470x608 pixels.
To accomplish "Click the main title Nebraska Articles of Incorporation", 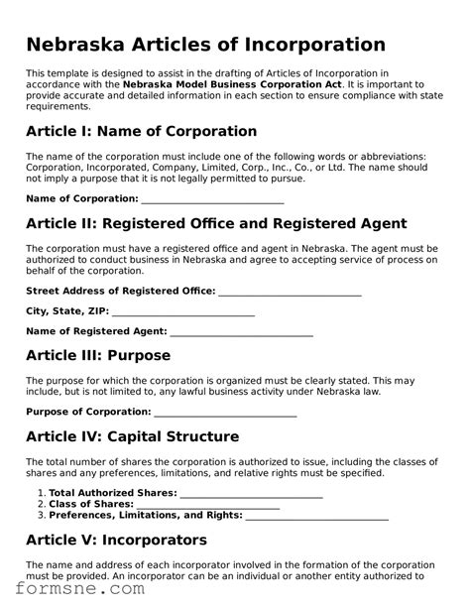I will pyautogui.click(x=205, y=45).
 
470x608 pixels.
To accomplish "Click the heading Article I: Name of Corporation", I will pyautogui.click(x=141, y=131).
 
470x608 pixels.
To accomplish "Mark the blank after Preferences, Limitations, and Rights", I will pyautogui.click(x=316, y=516).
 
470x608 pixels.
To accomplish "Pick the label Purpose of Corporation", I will pyautogui.click(x=88, y=412).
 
